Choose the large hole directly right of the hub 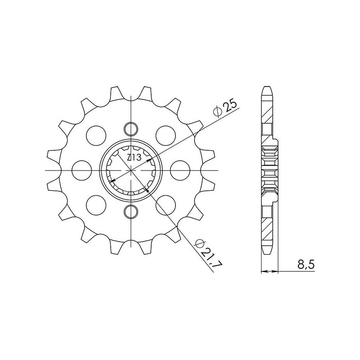tap(180, 170)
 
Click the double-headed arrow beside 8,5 tap(270, 272)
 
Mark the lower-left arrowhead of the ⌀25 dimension tap(112, 180)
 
